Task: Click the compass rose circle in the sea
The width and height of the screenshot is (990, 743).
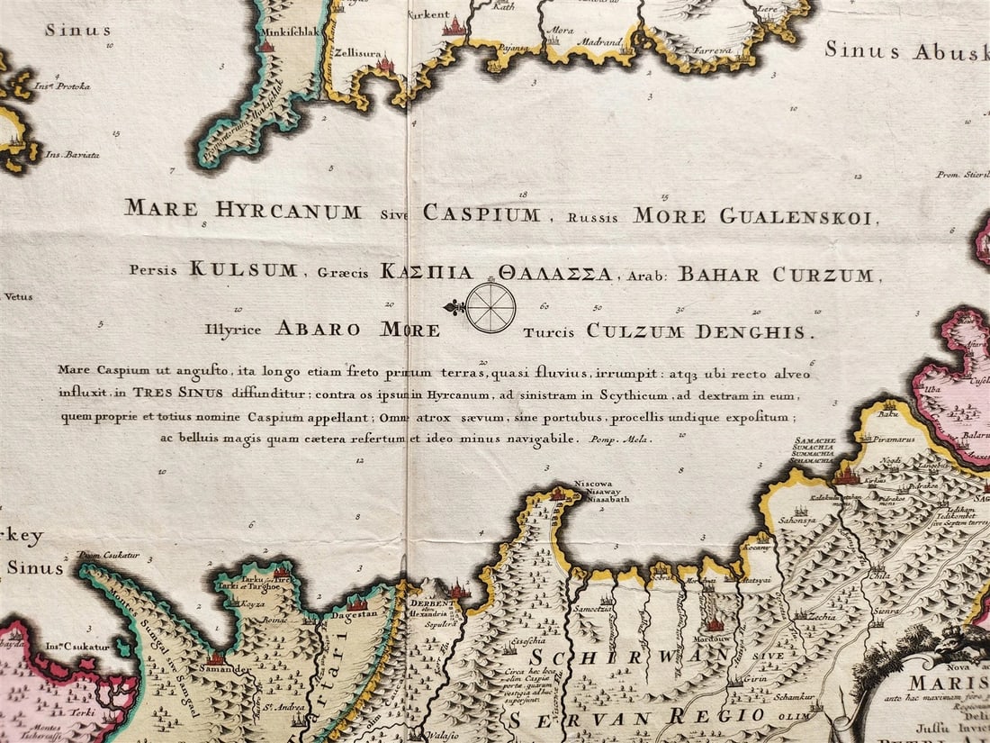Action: (490, 308)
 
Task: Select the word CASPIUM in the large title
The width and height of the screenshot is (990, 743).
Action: (481, 213)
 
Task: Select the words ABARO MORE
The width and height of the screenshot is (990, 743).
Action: (357, 329)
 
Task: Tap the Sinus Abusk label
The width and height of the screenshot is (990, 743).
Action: (907, 50)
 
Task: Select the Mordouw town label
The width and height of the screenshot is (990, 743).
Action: (715, 638)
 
